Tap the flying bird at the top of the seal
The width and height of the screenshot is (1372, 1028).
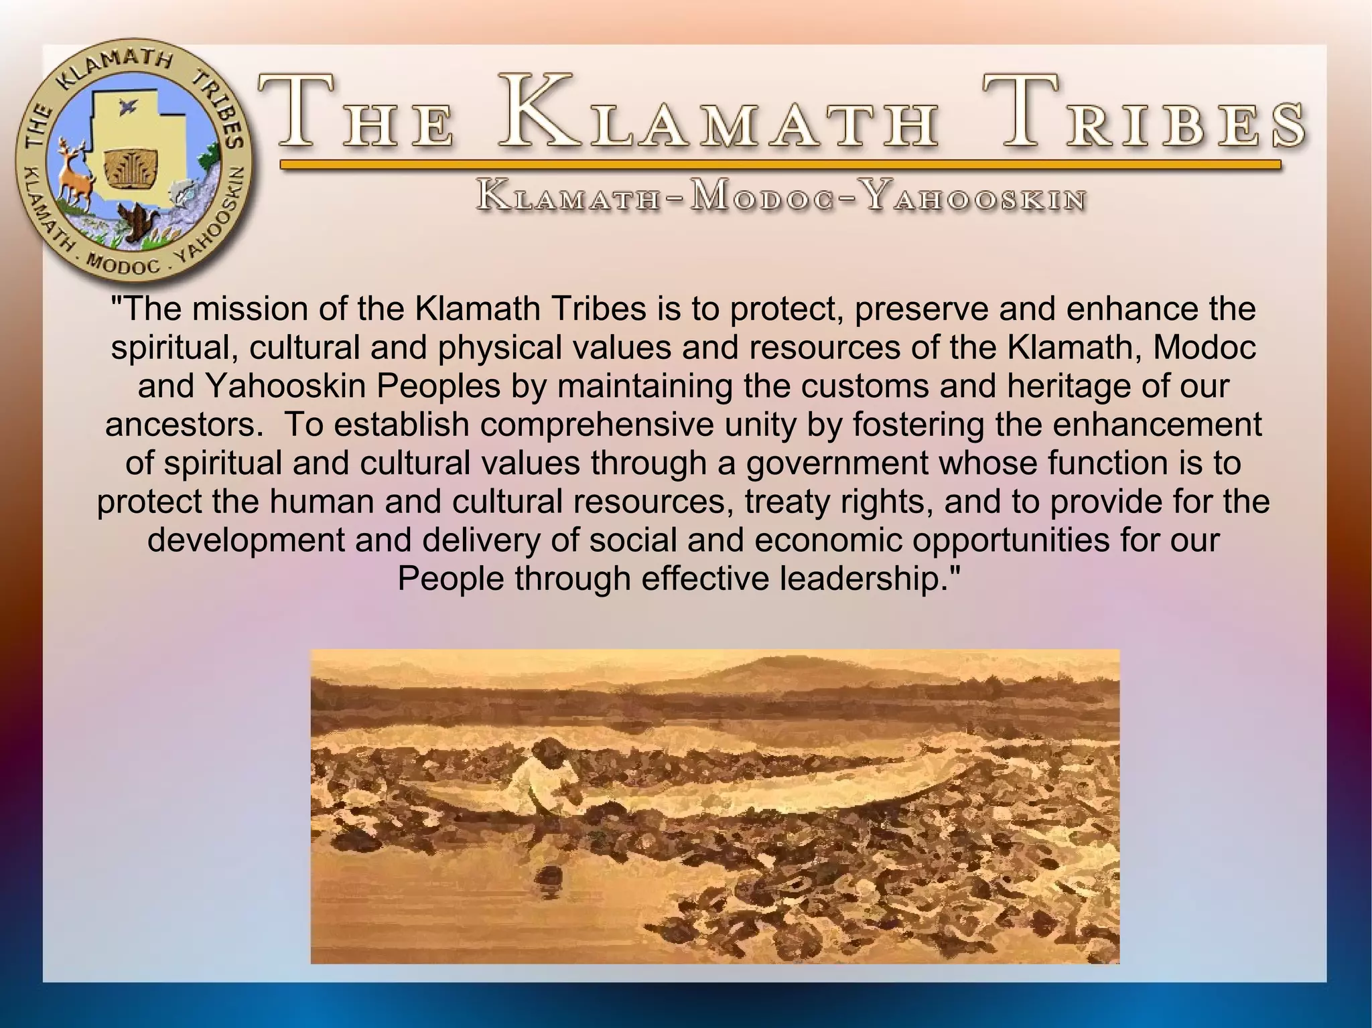125,106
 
